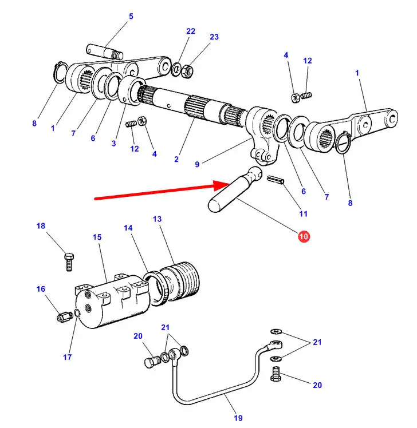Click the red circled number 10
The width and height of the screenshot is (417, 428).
(x=304, y=236)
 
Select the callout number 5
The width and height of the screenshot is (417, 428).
(x=131, y=17)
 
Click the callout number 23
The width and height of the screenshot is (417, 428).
(x=214, y=37)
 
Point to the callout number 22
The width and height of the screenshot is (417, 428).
(x=191, y=31)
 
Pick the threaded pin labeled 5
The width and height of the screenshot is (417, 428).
(x=105, y=51)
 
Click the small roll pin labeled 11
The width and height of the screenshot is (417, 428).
(x=276, y=180)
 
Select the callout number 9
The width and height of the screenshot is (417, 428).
(x=197, y=164)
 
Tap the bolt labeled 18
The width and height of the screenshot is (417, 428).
(x=69, y=261)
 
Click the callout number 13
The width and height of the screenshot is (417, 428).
(x=157, y=219)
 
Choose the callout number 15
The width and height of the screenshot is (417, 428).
(x=97, y=237)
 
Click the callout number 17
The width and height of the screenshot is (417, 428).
(x=67, y=357)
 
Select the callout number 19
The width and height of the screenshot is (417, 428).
(x=238, y=418)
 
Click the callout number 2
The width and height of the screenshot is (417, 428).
(x=176, y=159)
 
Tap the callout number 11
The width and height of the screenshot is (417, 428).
(x=304, y=214)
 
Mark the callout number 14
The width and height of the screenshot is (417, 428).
(x=128, y=228)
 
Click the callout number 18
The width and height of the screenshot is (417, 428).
(x=41, y=226)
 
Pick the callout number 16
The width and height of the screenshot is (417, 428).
(x=41, y=289)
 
